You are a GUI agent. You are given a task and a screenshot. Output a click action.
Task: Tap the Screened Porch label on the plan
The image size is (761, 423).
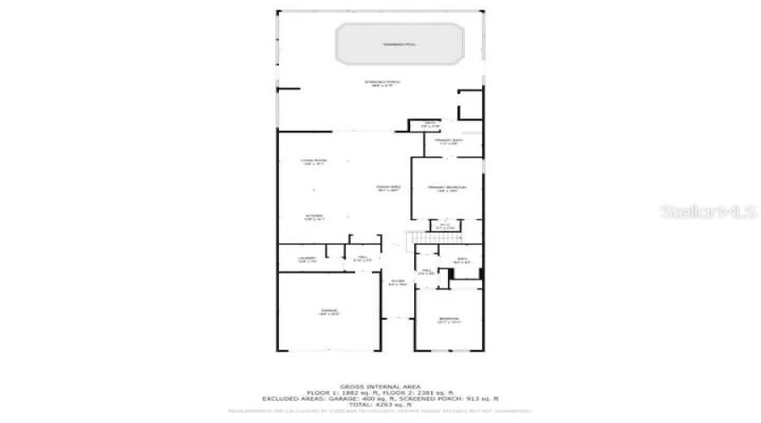(381, 83)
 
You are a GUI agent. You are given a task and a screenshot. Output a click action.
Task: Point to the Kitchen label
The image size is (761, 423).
(314, 217)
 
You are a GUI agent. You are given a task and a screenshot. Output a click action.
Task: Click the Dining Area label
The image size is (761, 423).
(388, 188)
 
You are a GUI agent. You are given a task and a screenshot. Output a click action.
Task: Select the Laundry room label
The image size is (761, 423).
(306, 260)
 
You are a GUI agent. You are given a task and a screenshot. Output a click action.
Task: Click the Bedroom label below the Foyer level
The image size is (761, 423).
(448, 320)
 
